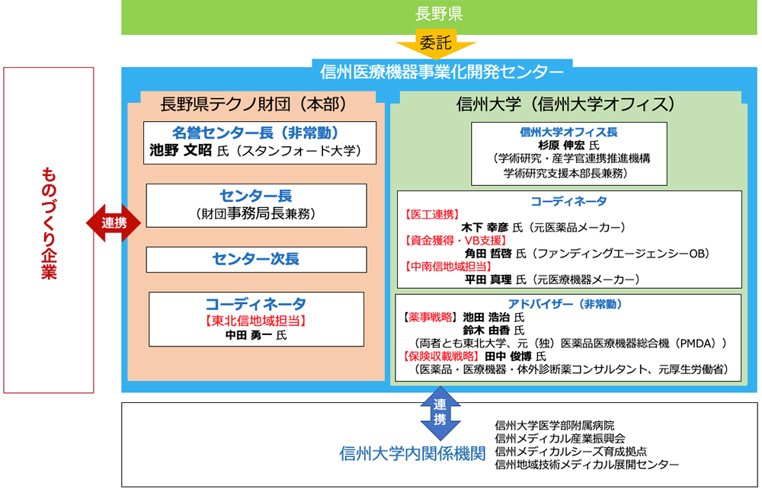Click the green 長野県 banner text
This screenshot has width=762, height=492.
click(438, 14)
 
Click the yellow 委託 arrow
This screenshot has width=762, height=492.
click(436, 44)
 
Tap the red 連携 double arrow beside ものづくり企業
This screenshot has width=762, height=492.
click(114, 223)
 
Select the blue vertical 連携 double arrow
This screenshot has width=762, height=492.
click(440, 413)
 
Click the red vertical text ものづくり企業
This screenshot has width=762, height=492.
click(49, 223)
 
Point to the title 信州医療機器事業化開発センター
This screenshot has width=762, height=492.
click(442, 72)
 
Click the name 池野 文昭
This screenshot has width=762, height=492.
click(181, 150)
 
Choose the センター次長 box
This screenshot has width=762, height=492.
click(257, 260)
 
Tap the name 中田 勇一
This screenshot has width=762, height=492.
click(248, 335)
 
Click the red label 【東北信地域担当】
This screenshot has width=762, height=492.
click(255, 321)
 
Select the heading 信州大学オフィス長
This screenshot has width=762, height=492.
click(568, 132)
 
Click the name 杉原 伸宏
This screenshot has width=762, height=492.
click(562, 145)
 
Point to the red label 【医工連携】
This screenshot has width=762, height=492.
click(432, 215)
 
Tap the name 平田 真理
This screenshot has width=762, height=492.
click(488, 280)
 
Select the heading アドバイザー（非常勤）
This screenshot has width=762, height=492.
click(565, 304)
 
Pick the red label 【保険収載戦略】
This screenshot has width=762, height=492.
click(442, 356)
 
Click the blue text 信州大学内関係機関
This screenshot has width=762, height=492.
click(412, 454)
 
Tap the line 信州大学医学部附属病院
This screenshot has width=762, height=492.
click(555, 426)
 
